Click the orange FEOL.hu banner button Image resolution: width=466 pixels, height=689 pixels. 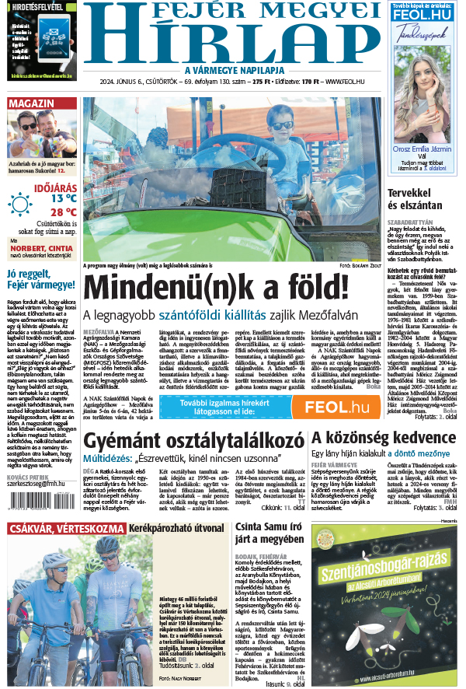point(336,407)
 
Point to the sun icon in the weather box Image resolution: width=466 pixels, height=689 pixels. point(20,204)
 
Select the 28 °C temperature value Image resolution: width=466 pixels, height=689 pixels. point(63,212)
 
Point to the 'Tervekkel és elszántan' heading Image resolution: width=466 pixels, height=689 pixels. point(415,199)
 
